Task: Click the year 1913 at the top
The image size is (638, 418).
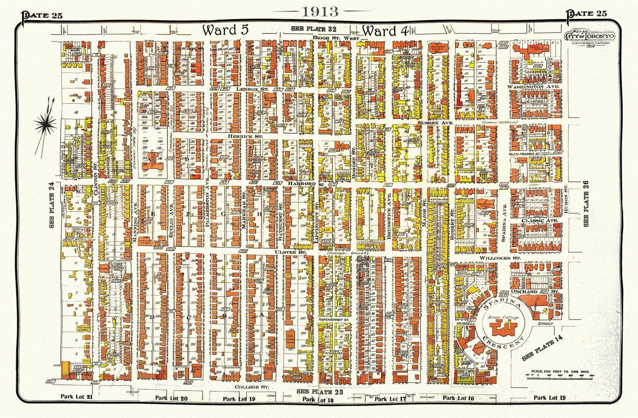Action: tap(320, 11)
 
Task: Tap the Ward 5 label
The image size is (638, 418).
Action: tap(226, 30)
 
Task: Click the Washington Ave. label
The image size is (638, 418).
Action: tap(533, 87)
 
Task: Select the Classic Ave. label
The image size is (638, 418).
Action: tap(540, 220)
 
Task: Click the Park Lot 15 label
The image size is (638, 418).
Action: tap(549, 398)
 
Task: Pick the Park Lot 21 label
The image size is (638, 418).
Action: tap(76, 396)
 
